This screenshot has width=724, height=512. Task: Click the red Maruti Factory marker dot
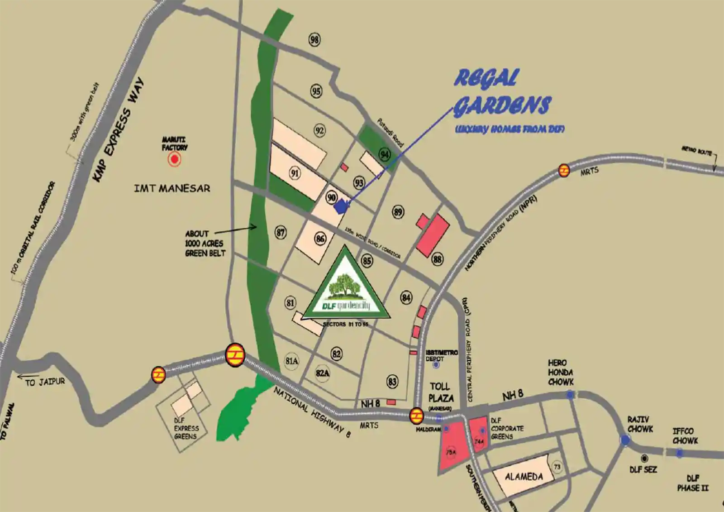click(174, 159)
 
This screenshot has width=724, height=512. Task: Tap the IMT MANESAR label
click(172, 188)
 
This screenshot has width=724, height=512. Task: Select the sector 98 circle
click(314, 40)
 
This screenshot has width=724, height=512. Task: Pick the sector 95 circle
click(316, 91)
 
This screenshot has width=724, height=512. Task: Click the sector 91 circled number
click(295, 173)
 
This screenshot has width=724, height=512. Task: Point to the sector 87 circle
click(281, 233)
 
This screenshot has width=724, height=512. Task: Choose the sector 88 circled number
click(437, 259)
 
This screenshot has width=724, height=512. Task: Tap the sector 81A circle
click(292, 361)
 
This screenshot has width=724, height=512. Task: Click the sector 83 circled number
click(392, 382)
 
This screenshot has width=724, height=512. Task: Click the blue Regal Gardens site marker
click(341, 206)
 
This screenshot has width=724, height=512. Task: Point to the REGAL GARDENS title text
click(502, 93)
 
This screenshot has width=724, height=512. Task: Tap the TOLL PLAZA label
click(441, 392)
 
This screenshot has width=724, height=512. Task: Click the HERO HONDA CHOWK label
click(560, 372)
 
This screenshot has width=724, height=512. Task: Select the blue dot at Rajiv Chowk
click(625, 440)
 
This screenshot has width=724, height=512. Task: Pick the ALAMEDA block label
click(524, 477)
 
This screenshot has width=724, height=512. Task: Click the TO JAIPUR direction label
click(45, 382)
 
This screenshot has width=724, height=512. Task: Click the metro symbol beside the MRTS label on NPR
click(564, 170)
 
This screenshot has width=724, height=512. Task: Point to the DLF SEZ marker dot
click(644, 459)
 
